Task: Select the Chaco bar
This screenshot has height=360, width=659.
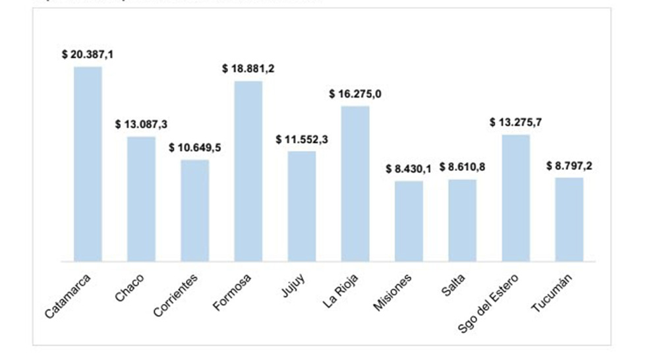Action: [141, 198]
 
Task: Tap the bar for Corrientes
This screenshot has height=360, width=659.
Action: [195, 210]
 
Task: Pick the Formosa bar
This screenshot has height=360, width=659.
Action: [248, 171]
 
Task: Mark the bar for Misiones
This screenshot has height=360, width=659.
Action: [409, 221]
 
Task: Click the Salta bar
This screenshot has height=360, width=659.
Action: [462, 220]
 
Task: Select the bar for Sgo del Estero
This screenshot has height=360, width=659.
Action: [515, 198]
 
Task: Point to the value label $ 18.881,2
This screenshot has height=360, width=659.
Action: [248, 69]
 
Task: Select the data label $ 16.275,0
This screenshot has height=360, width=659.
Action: [355, 94]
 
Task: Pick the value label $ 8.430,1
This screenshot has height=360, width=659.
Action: [409, 169]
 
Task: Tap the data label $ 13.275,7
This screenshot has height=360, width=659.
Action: [515, 122]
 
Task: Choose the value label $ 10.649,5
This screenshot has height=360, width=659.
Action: [195, 147]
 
